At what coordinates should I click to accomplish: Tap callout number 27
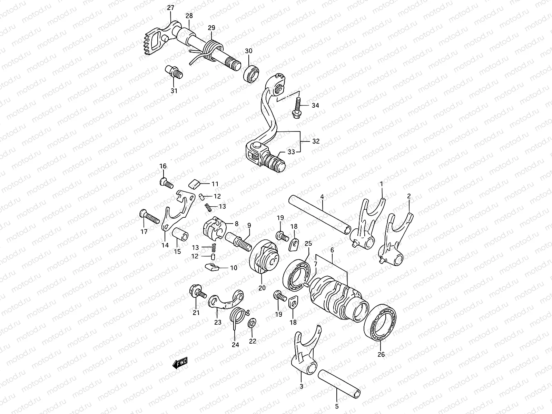coord(171,8)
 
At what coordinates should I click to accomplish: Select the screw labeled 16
coord(166,183)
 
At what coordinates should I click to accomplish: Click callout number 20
coord(262,288)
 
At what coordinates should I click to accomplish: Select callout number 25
coord(308,244)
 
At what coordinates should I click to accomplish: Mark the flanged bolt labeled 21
coord(197,293)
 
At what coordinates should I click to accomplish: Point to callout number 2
coord(409,196)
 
